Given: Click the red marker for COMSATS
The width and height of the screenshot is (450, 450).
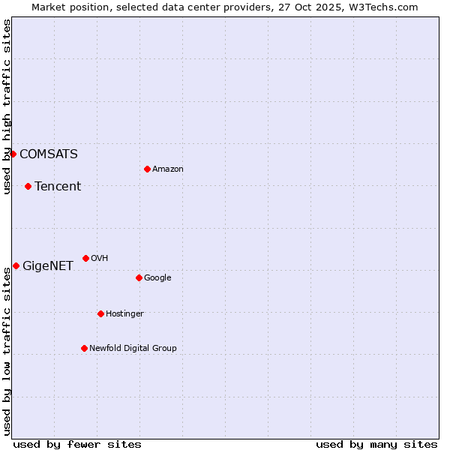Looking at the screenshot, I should coord(13,154).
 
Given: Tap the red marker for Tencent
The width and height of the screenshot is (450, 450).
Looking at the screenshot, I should coord(28,186).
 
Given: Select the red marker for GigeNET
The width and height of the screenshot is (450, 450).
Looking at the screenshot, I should coord(16,265).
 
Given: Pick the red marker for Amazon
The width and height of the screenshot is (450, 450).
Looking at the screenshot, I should coord(147,169).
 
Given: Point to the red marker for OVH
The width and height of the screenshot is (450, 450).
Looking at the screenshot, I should coord(85,258).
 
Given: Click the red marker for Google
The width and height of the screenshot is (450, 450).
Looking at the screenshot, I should coord(139,277).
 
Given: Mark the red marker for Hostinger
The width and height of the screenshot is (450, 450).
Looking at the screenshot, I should coord(100,313).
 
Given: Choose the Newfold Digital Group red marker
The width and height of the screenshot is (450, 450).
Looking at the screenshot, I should coord(84,348).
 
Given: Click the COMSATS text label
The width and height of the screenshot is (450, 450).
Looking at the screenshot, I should coord(48,154).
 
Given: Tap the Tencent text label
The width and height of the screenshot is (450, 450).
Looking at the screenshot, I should coord(58,187).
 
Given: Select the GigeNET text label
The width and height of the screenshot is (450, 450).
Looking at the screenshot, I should coord(48,266).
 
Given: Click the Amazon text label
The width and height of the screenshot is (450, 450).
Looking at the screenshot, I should coord(168,169).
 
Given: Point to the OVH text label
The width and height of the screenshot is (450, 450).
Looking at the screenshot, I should coord(100,259).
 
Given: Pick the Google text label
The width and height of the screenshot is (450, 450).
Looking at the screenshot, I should coord(157,278).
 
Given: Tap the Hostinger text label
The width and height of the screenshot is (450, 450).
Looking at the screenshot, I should coord(124,314).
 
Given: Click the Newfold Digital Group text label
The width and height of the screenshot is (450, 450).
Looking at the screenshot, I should coord(133,349).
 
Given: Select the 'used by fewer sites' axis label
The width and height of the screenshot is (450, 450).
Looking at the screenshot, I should coord(77,444).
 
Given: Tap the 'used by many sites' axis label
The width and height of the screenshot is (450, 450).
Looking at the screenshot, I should coord(376,444).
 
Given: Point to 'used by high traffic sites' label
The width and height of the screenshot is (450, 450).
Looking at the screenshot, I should coord(7,106).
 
